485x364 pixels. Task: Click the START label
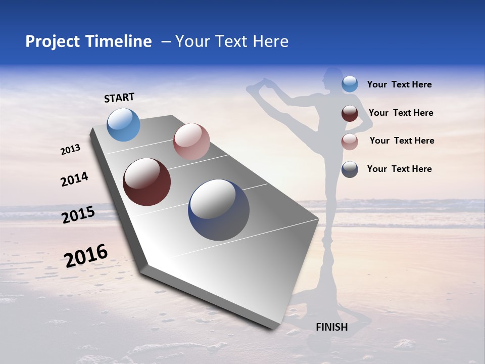(119, 98)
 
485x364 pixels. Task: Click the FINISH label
(331, 327)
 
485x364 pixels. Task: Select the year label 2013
(71, 150)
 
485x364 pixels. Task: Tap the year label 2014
(74, 179)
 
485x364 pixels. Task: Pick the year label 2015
(78, 215)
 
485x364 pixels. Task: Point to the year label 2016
(86, 255)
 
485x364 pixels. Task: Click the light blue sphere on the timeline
(123, 124)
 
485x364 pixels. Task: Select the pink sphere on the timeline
(191, 142)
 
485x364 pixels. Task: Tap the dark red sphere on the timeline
(147, 182)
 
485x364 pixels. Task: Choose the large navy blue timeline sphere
(219, 210)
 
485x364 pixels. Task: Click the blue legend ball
(350, 84)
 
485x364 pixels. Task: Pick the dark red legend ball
(350, 113)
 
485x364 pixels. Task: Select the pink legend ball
(350, 142)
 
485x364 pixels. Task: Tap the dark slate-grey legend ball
(350, 169)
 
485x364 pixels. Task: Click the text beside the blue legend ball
(399, 84)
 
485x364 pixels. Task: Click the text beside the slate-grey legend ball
(399, 169)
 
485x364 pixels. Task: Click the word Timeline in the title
(118, 41)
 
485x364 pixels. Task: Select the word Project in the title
(53, 41)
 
